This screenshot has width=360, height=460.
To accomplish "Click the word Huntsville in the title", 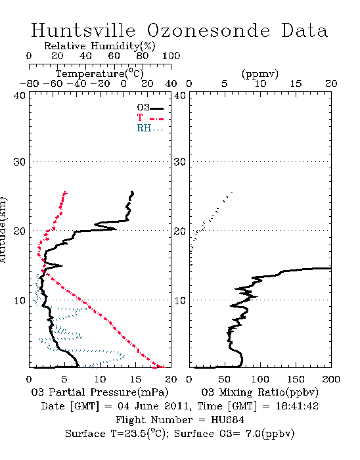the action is [x=83, y=30].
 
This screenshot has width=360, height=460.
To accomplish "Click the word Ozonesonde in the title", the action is [x=208, y=30].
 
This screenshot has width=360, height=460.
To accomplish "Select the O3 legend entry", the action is [x=150, y=108].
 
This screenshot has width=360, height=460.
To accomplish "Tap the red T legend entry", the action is [x=150, y=118].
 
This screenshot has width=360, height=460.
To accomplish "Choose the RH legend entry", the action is [x=150, y=128].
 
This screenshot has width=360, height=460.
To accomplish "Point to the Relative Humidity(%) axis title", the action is [x=100, y=46].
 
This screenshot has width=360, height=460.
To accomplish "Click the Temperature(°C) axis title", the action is [x=100, y=74].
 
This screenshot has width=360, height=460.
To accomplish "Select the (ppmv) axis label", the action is [x=260, y=74].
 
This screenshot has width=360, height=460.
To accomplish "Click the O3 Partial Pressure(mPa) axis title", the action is [x=100, y=392].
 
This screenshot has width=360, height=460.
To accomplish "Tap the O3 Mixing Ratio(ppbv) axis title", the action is [x=259, y=392].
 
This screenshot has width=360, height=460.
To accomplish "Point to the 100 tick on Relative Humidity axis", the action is [x=171, y=56].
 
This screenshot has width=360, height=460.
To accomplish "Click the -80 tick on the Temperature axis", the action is [x=29, y=84].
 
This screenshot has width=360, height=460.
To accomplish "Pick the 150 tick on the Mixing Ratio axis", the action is [x=296, y=379].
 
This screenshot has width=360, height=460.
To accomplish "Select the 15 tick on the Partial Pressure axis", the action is [x=135, y=379].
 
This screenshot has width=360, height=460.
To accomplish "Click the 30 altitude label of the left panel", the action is [x=19, y=162].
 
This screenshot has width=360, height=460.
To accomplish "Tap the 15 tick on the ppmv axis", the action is [x=296, y=84].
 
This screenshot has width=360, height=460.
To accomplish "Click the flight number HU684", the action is [x=227, y=420].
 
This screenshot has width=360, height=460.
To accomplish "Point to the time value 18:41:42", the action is [x=297, y=406].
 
